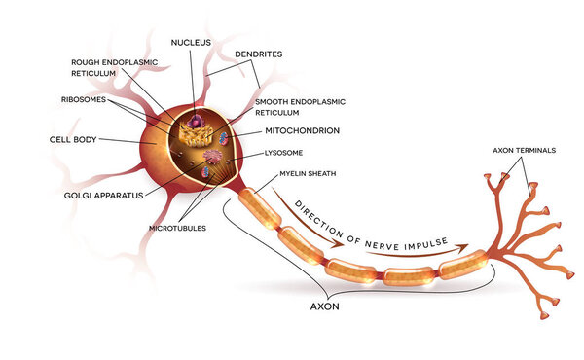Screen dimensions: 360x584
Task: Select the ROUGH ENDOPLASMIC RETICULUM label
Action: point(111,67)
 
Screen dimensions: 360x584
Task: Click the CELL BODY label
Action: point(72,139)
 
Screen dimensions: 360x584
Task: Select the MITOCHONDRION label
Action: point(303,130)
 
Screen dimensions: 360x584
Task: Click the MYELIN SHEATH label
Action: point(310,174)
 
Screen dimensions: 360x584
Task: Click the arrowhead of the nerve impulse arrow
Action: point(465,246)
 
